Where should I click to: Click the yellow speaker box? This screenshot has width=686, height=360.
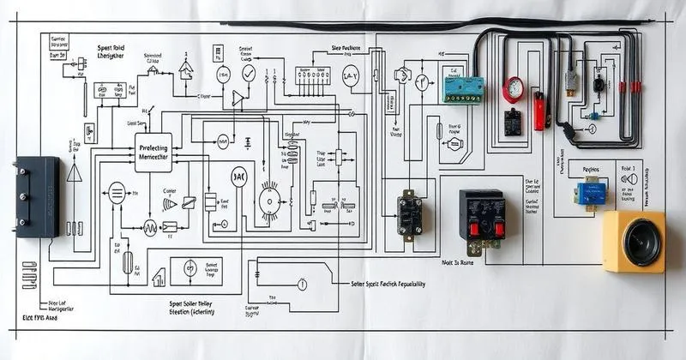[x=634, y=243]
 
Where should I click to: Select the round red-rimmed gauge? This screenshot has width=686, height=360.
[x=514, y=88]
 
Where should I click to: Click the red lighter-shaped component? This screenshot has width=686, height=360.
[x=540, y=111]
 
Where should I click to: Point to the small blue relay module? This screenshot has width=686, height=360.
[x=590, y=193]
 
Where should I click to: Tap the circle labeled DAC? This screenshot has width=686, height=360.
[x=238, y=177]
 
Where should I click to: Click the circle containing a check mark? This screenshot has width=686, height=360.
[x=248, y=74]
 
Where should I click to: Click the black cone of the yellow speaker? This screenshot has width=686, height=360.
[x=641, y=242]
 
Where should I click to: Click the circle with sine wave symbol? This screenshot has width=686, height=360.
[x=150, y=227]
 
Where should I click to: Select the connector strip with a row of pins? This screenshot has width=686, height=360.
[x=313, y=75]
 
